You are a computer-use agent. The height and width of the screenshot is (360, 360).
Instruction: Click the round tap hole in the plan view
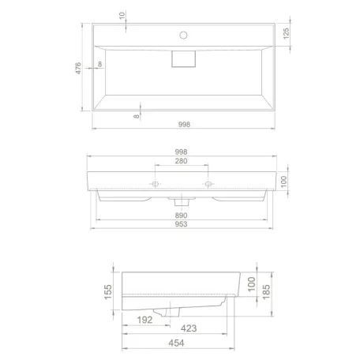coord(183,35)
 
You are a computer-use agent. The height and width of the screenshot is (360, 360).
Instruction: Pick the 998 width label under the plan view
coord(184,123)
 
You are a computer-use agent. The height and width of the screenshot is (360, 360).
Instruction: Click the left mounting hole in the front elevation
coord(156,184)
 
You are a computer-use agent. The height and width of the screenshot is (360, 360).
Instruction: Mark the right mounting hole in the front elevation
coord(209,184)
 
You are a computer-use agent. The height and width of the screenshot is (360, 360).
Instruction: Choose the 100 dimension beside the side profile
coord(250,282)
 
